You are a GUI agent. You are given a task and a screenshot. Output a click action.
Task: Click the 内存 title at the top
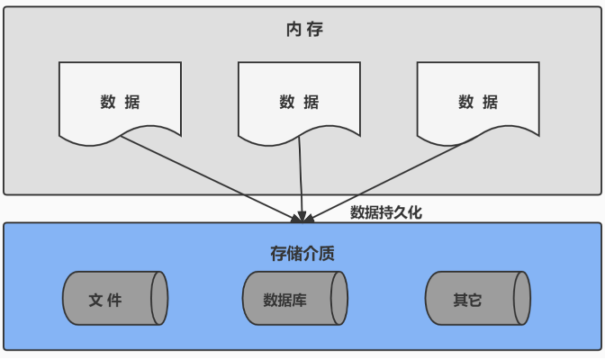coord(302,30)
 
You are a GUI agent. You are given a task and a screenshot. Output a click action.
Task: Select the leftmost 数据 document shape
coord(120,101)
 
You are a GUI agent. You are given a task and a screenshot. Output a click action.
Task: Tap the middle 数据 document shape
coord(299,101)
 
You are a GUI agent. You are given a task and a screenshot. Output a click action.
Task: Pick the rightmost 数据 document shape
coord(478,101)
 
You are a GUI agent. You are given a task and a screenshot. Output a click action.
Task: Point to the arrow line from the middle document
coord(301,175)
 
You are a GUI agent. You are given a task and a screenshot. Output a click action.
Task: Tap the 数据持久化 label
coord(385,212)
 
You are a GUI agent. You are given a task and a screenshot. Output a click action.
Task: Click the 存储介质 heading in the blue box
coord(302,253)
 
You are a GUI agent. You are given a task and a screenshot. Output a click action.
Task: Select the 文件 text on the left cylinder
coord(105,300)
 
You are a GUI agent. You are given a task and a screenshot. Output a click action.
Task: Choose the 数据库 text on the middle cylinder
coord(285,300)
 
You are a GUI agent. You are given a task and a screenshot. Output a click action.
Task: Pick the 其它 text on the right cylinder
coord(467,300)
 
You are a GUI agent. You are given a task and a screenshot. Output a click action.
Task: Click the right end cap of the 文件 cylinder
coord(159,299)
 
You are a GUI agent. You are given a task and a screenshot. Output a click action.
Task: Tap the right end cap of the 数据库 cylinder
coord(339,299)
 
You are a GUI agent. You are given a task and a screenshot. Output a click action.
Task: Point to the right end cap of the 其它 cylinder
coord(521,299)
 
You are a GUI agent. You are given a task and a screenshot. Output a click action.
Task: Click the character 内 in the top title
coord(292,30)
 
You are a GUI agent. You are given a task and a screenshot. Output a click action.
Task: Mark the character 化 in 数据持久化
coord(414,212)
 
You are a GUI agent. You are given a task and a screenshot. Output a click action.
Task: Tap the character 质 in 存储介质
coord(328,253)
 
